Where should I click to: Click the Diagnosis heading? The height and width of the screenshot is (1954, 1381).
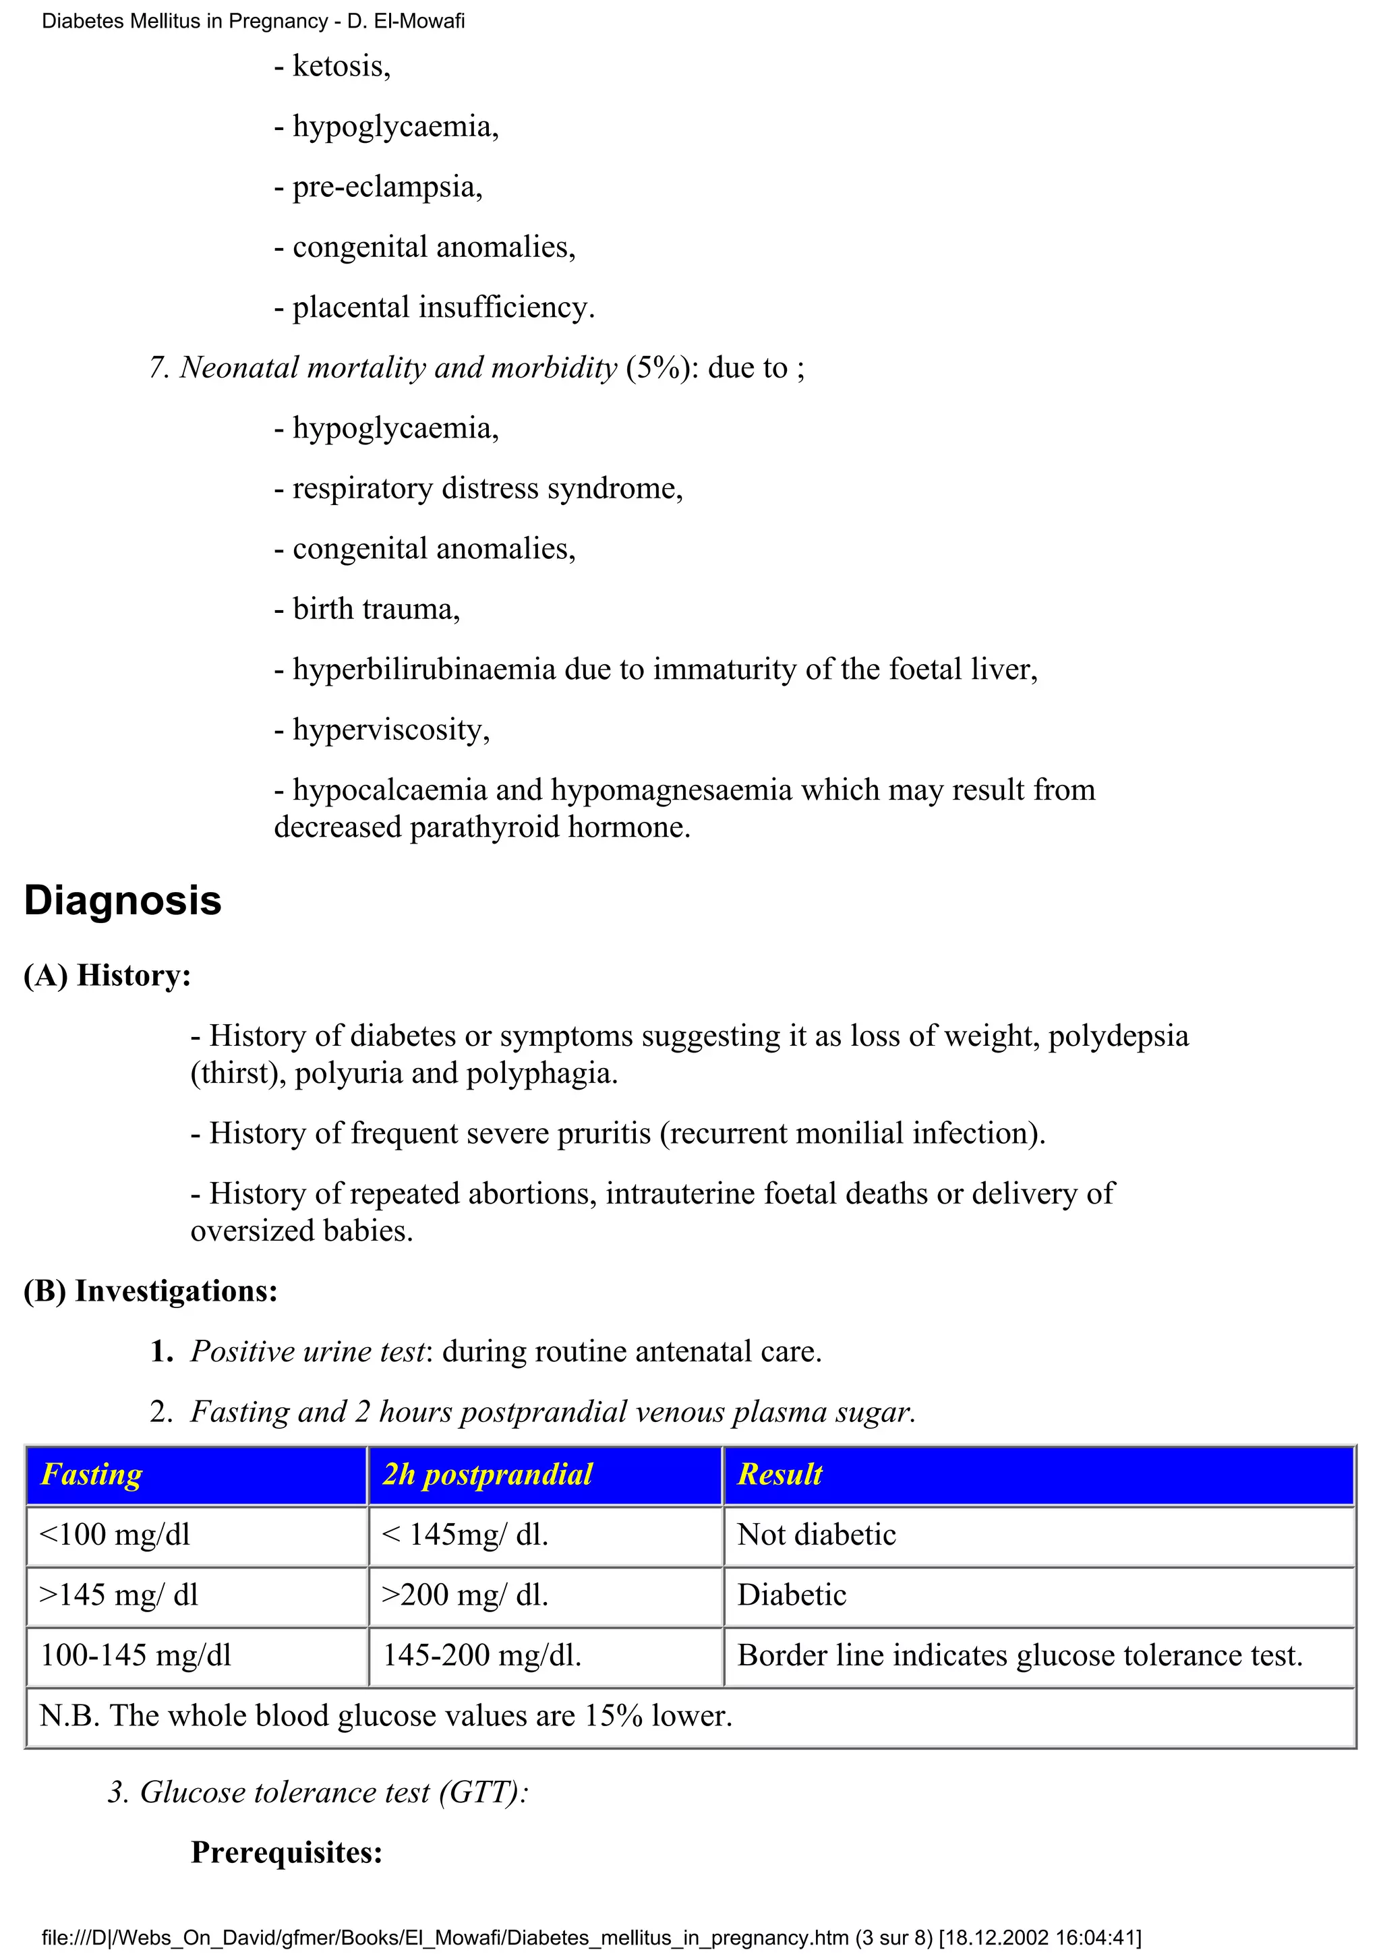coord(123,900)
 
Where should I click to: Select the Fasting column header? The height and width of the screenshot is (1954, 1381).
coord(91,1474)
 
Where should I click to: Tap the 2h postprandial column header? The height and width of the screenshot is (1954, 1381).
coord(487,1474)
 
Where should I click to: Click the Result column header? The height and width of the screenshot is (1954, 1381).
coord(780,1474)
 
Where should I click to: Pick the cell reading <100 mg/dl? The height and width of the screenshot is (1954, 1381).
coord(115,1535)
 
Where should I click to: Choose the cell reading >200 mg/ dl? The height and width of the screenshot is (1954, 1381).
coord(465,1595)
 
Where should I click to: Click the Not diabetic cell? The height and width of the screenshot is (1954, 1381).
coord(816,1535)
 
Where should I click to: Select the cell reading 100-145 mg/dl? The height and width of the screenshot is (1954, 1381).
coord(136,1655)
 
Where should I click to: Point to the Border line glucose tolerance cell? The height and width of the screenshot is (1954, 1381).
coord(1020,1655)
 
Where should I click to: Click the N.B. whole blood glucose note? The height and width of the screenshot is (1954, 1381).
coord(386,1716)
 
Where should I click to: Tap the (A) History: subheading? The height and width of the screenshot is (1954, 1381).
coord(107,975)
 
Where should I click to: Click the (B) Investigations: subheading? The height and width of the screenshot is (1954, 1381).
coord(150,1291)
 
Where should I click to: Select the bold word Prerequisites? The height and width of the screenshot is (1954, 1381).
coord(287,1853)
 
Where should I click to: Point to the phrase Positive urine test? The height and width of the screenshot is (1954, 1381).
coord(307,1351)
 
